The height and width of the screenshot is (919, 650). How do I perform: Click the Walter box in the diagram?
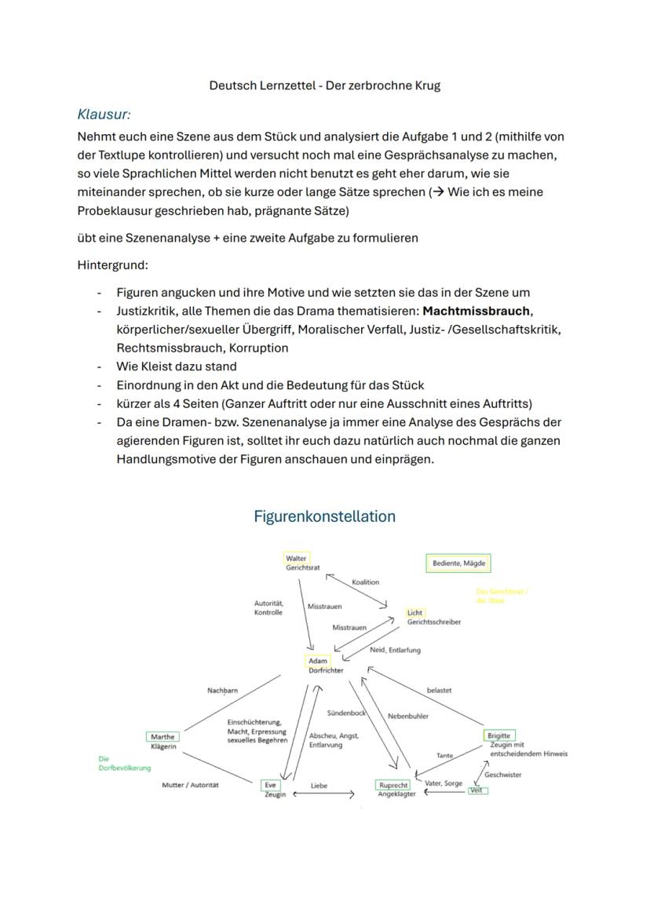point(297,558)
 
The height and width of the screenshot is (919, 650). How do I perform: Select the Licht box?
point(415,612)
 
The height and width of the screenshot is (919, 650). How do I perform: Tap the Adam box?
point(318,662)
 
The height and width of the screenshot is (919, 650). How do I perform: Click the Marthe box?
point(162,737)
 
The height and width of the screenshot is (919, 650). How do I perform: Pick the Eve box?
point(270,784)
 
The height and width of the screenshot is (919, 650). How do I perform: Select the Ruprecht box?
point(393,785)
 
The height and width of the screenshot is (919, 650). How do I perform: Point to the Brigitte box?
point(498,735)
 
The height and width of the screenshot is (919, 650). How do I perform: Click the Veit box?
point(477,790)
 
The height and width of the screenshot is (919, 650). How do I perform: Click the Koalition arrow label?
point(366,582)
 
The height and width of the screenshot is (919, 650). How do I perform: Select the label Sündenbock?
point(346,713)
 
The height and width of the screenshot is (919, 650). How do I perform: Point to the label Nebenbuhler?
point(407,716)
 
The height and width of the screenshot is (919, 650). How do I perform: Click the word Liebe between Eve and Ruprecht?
point(319,785)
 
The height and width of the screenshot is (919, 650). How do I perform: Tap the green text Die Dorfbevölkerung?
point(124,764)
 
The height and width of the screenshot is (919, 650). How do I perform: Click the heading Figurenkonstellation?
point(324,516)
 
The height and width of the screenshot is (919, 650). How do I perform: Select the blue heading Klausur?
point(104,115)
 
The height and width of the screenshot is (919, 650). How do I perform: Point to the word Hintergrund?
point(112,264)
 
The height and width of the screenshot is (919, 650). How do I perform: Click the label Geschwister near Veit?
point(502,775)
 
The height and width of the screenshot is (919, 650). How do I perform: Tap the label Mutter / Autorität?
point(190,785)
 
